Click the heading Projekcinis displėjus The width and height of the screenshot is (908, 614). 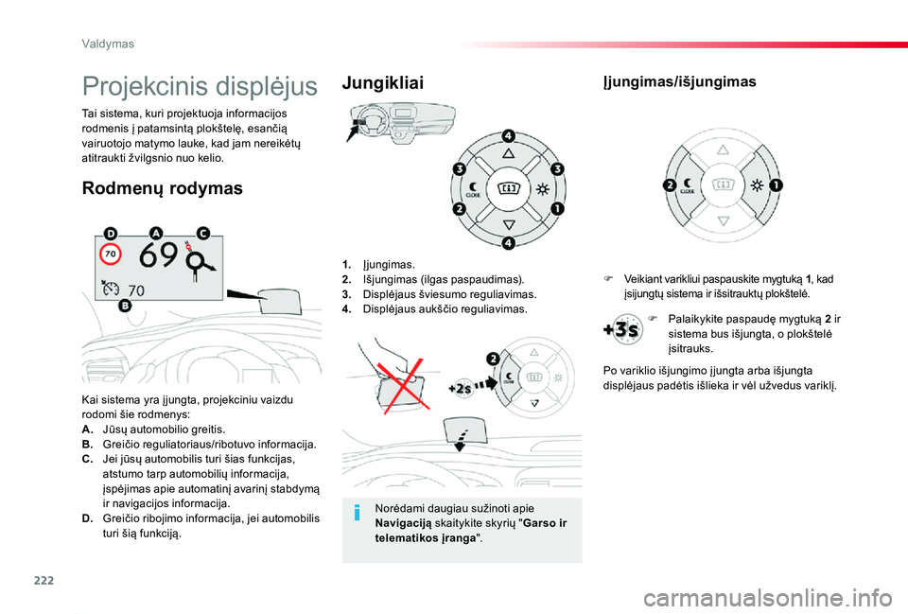pos(200,86)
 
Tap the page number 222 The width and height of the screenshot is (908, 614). pos(44,580)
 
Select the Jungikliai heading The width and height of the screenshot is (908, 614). pos(383,83)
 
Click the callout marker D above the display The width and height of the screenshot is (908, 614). pos(110,234)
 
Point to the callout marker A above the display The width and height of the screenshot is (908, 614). pos(156,233)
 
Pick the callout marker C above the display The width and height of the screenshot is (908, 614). pos(203,233)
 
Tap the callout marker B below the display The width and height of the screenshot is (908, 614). pos(125,306)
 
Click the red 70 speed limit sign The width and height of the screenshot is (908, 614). pos(111,254)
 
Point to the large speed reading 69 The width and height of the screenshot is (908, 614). pos(159,254)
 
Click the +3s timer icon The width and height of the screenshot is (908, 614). pos(623,329)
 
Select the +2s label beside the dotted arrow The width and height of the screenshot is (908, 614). pos(460,389)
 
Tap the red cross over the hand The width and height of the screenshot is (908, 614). pos(402,383)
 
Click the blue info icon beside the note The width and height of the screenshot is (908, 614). pos(358,513)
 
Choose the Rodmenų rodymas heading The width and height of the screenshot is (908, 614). pos(162,188)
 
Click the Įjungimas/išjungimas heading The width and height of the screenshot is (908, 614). pos(679,81)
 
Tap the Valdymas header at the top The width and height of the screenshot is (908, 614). pos(108,44)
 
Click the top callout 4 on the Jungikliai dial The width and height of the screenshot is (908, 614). pos(508,136)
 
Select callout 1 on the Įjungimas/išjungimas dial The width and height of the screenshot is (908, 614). pos(776,185)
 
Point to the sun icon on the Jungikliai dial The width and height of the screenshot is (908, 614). pos(543,189)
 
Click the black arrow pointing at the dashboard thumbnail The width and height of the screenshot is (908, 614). pos(353,132)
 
